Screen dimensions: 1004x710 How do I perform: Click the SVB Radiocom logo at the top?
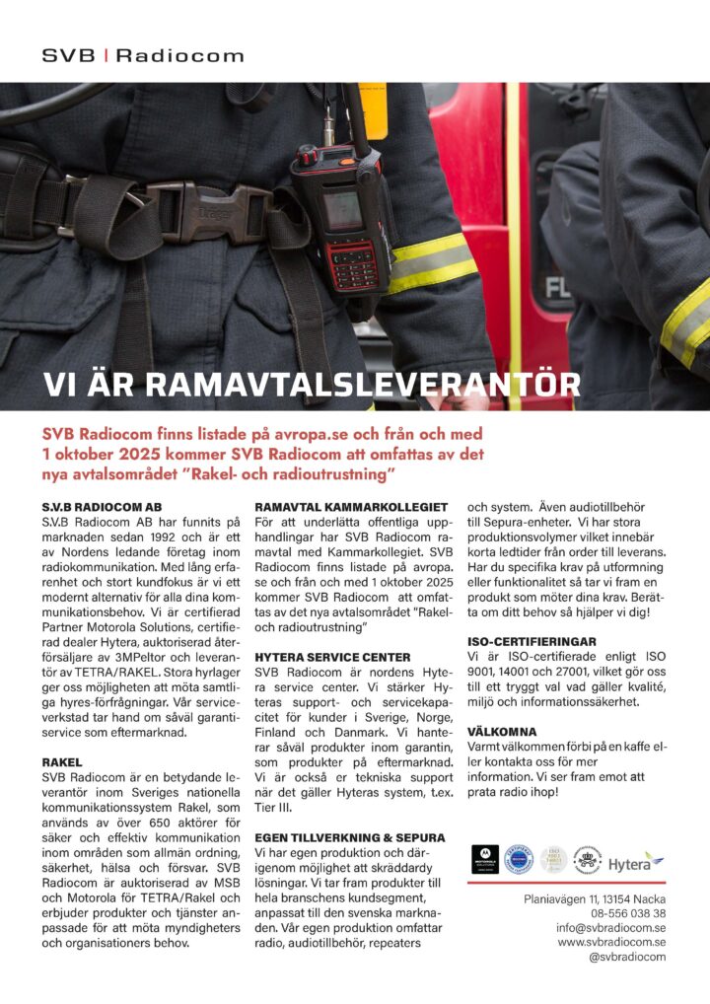point(143,56)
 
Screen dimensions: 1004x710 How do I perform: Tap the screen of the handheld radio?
point(342,208)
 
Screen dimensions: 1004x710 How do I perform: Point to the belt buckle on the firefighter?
point(203,212)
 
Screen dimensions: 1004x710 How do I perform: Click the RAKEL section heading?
point(61,762)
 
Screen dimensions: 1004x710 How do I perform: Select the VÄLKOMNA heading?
point(501,733)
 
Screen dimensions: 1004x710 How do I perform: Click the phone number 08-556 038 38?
point(626,913)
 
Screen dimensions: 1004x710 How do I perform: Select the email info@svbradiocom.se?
point(610,928)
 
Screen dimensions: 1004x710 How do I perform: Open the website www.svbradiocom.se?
point(611,942)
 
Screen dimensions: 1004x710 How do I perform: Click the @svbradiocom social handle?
point(627,957)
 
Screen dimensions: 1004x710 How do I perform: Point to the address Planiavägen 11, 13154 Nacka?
point(594,898)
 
